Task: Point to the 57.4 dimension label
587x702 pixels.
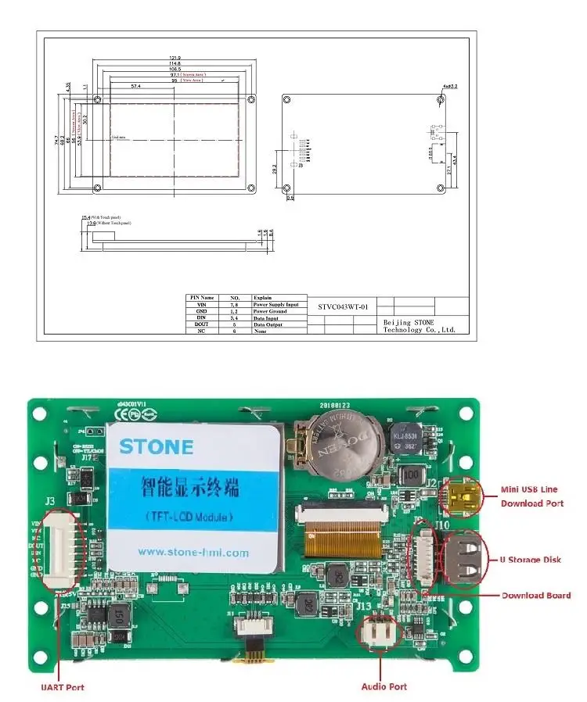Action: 136,86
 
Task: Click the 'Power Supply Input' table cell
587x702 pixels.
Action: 275,305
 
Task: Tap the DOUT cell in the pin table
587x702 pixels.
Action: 201,324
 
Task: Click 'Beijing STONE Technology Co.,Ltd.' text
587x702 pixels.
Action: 419,325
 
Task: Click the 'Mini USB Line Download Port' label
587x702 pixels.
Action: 532,496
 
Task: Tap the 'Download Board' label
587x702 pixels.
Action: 536,595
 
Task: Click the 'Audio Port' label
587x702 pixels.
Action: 384,686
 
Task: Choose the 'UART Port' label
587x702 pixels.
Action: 63,687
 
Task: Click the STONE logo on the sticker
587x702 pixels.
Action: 156,447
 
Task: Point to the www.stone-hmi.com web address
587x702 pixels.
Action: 193,552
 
